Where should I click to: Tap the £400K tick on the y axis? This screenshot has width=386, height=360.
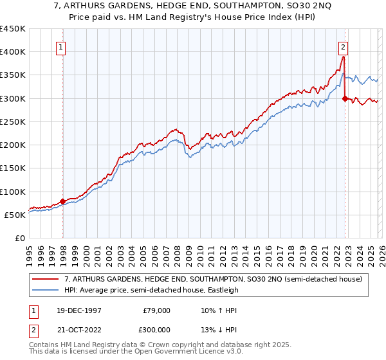(13, 51)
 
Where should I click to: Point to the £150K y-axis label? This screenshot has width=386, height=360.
(13, 168)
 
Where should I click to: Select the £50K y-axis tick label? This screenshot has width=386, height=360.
(15, 215)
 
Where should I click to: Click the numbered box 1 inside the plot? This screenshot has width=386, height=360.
(60, 46)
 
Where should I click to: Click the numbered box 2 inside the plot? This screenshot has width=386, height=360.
(344, 46)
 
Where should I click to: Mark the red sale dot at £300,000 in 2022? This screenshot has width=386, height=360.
(345, 98)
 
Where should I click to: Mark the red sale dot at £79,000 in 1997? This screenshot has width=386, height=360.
(63, 201)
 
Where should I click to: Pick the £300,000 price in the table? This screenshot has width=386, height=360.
(154, 328)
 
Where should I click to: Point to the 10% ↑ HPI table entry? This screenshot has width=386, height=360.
(219, 310)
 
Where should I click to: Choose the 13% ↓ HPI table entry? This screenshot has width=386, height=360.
(219, 328)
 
